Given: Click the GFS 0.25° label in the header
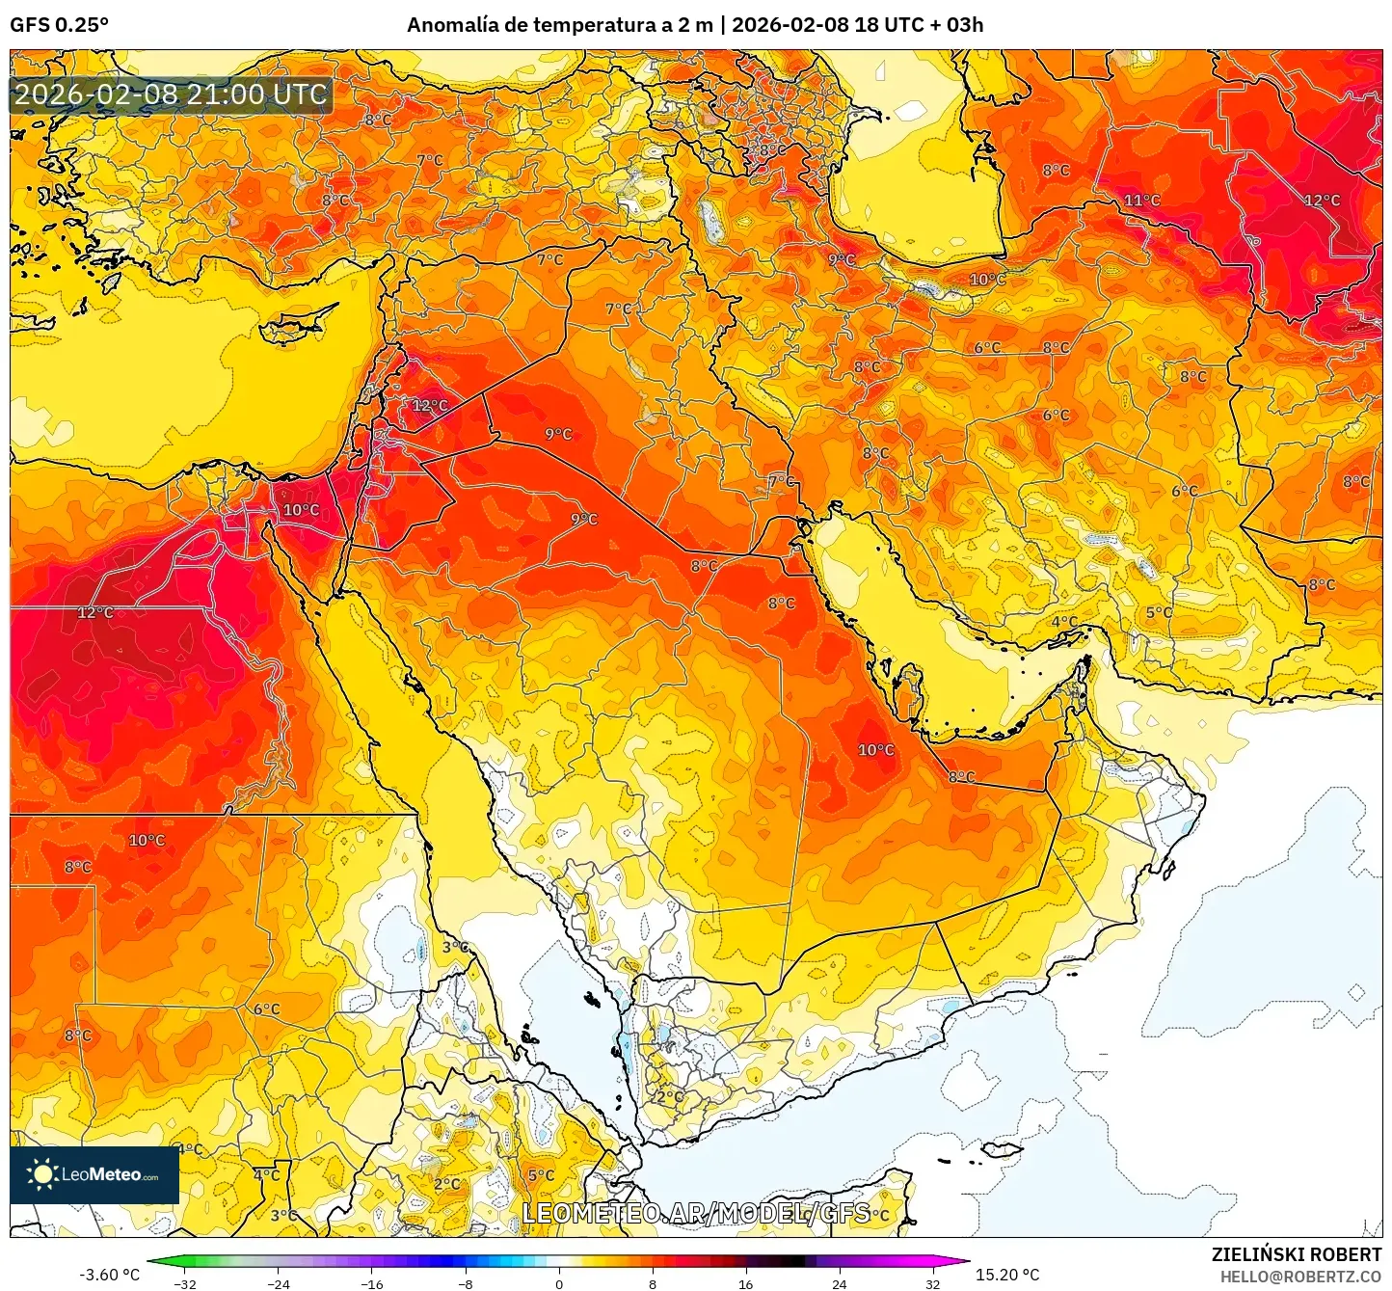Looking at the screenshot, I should pos(59,25).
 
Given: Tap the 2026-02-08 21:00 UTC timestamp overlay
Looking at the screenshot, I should pos(171,94).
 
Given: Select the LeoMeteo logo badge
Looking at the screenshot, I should pos(94,1174).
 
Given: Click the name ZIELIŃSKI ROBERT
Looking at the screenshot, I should pos(1297,1254).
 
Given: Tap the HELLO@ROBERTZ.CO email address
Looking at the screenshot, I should pos(1300,1277).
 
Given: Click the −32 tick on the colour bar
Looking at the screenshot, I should pos(185,1283).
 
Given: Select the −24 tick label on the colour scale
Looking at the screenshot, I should pos(279,1283).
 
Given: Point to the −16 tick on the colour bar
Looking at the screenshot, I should pos(372,1283).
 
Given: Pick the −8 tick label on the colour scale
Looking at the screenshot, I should pos(466,1283).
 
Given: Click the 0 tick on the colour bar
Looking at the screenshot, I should pos(559,1283).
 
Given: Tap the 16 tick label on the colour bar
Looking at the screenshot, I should pos(745,1283).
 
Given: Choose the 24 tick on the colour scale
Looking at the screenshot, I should pos(839,1283).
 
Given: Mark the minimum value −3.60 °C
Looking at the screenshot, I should pos(109,1275).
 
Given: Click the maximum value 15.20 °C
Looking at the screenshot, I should pos(1007,1275).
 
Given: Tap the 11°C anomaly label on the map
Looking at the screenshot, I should pos(1142,201).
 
